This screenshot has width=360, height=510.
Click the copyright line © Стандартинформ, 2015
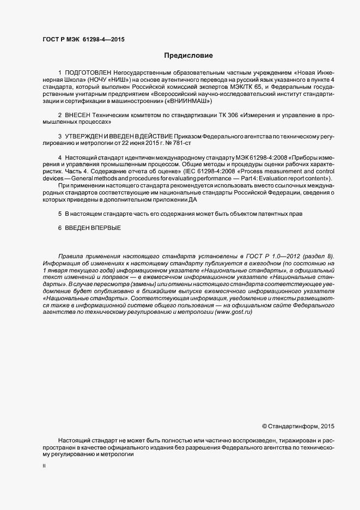click(x=298, y=426)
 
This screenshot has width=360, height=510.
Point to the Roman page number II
click(x=44, y=466)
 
